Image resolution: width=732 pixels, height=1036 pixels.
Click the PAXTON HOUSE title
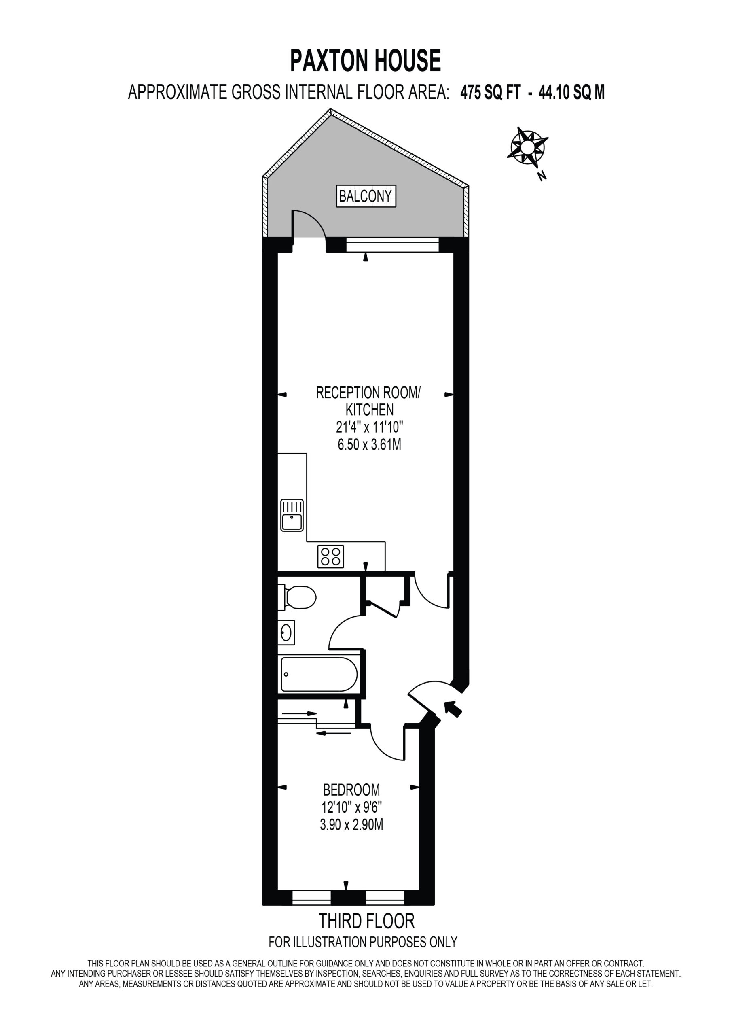click(365, 61)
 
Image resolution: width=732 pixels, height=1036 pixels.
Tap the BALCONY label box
click(366, 196)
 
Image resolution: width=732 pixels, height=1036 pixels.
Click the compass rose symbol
click(527, 146)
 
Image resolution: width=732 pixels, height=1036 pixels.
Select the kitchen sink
click(292, 515)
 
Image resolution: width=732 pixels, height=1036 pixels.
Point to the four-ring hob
click(330, 556)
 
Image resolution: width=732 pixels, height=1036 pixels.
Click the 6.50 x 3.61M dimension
click(369, 445)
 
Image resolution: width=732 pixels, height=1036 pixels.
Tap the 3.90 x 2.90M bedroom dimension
click(351, 825)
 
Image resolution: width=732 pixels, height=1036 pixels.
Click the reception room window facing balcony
click(392, 246)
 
